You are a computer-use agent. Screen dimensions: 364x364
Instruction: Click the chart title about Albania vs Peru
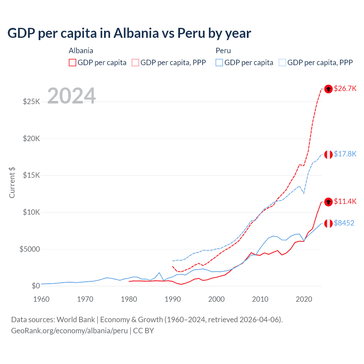point(129,33)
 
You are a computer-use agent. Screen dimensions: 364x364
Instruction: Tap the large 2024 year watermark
point(71,96)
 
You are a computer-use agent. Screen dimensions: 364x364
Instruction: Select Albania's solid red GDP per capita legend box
point(73,63)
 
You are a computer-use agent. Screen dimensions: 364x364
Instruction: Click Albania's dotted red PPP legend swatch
point(135,63)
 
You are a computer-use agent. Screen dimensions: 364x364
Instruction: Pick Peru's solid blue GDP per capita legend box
point(219,63)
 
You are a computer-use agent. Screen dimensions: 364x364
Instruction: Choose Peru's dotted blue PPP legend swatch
point(282,63)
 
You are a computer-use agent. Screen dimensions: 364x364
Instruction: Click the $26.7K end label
point(345,88)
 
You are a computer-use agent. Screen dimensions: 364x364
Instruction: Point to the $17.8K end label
point(345,154)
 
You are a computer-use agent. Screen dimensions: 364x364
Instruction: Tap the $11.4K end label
point(345,201)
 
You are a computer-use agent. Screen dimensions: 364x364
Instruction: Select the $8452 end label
point(344,223)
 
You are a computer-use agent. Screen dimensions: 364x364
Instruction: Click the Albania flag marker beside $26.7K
point(328,89)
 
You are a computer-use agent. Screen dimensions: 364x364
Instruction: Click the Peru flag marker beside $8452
point(328,224)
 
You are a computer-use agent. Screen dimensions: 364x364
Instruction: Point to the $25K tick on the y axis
point(32,102)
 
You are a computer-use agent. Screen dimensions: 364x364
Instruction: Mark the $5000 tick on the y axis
point(30,249)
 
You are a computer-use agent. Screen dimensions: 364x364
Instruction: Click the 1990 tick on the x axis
point(173,299)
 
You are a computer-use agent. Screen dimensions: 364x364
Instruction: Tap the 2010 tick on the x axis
point(260,299)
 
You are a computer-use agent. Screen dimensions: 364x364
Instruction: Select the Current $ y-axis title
point(12,183)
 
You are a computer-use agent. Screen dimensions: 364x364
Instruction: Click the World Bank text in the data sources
point(76,320)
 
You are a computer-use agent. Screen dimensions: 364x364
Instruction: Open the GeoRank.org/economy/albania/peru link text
point(69,331)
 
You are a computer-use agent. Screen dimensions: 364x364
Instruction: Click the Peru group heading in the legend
point(223,51)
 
